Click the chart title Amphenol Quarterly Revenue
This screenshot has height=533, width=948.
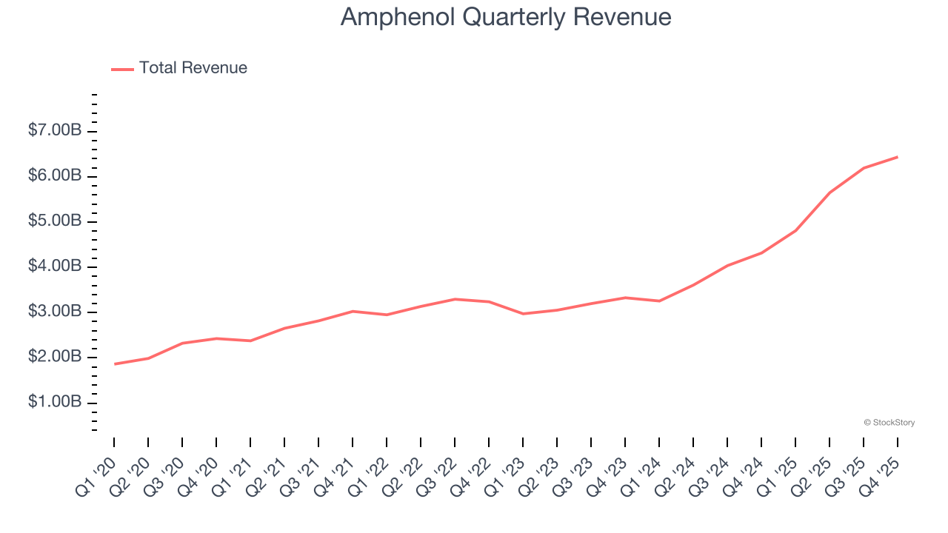tap(506, 17)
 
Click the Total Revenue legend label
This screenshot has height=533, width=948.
tap(193, 68)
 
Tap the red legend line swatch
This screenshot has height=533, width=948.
tap(122, 69)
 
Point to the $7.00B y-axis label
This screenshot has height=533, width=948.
tap(55, 131)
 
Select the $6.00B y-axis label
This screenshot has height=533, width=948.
tap(55, 176)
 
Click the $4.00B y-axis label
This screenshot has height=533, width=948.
tap(55, 266)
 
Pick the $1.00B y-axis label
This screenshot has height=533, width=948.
tap(55, 402)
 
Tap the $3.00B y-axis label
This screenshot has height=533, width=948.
tap(55, 312)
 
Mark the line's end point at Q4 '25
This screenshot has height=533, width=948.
tap(898, 157)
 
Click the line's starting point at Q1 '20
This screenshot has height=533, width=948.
tap(115, 363)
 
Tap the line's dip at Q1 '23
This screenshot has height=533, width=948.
tap(524, 314)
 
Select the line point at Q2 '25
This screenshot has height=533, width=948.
tap(829, 192)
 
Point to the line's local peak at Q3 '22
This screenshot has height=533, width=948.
tap(455, 299)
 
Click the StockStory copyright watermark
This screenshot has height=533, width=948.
tap(889, 423)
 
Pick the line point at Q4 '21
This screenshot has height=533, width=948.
tap(353, 311)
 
